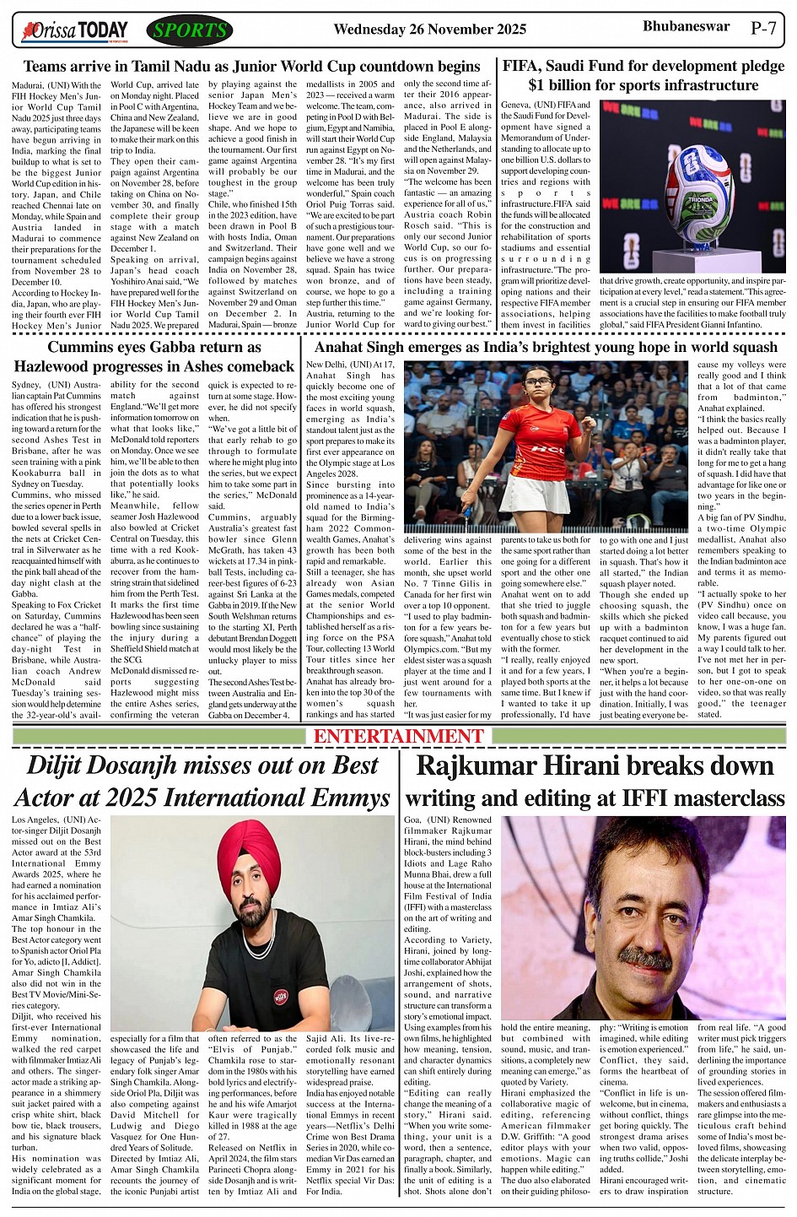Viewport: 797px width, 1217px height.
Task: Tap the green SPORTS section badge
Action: coord(190,31)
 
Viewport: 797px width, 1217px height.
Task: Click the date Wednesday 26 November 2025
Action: coord(429,30)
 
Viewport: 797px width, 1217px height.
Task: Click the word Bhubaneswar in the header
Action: coord(686,26)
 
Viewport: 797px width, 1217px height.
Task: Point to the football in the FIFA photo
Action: coord(699,197)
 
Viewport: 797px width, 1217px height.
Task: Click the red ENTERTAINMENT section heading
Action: coord(399,736)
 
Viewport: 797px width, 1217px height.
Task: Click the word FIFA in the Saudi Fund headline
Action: coord(523,66)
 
